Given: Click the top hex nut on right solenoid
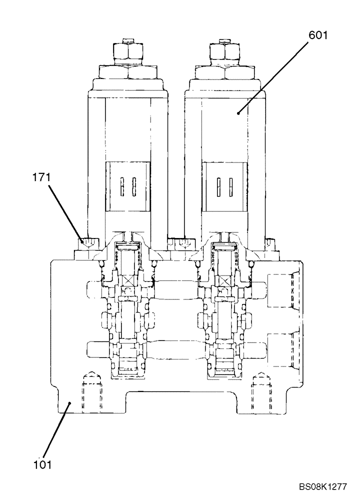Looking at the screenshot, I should pyautogui.click(x=224, y=51).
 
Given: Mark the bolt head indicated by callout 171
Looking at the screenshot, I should pyautogui.click(x=87, y=244).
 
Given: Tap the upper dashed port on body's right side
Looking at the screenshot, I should pyautogui.click(x=283, y=289).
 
